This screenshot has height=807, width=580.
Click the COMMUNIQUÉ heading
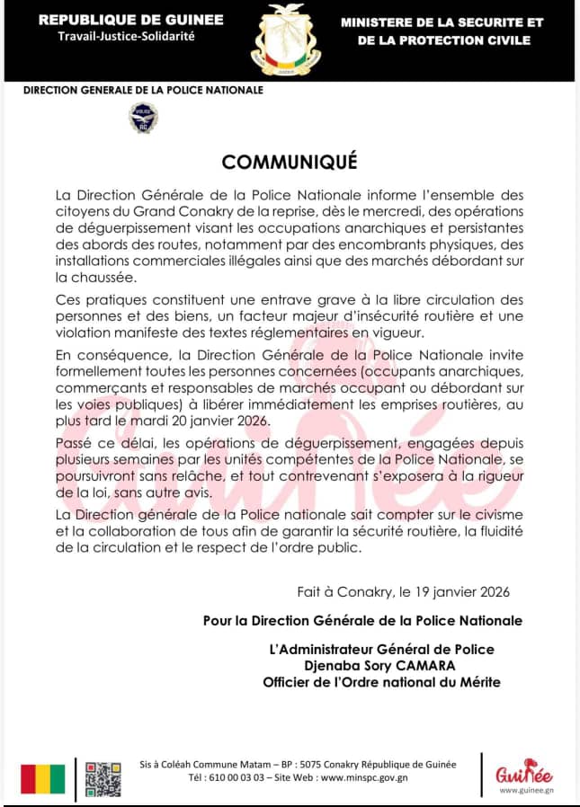pos(290,162)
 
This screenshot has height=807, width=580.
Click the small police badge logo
pos(143,117)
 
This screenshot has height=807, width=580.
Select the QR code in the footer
pos(103,778)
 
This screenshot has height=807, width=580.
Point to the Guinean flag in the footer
pos(43,778)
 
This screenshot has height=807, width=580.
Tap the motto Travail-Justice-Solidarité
pos(125,37)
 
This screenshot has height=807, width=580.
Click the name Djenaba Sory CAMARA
pos(381,666)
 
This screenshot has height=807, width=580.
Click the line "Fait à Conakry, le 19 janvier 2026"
pos(404,591)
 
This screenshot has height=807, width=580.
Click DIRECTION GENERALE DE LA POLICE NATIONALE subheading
pos(143,90)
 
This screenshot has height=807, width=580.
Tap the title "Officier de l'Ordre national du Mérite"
pos(381,682)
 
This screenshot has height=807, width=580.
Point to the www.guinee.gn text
pos(525,791)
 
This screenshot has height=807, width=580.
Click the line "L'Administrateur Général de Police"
pos(381,650)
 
